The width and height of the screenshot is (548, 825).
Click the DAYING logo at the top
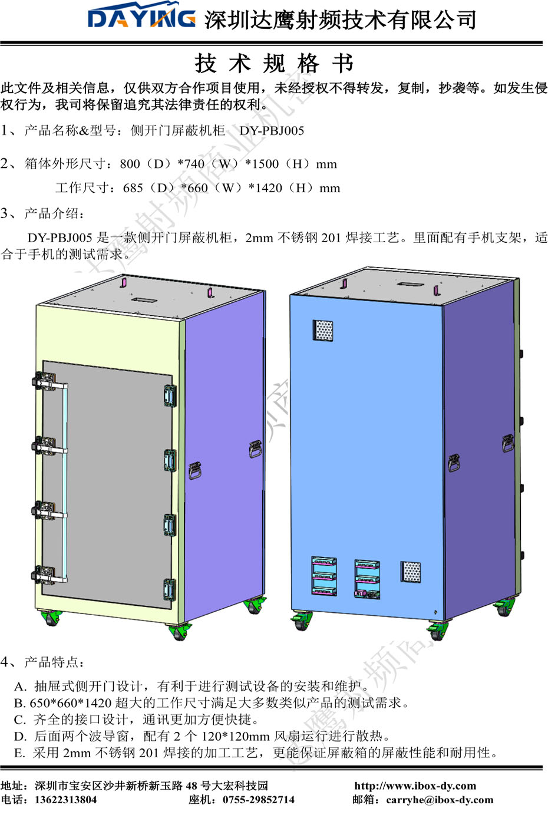click(x=141, y=19)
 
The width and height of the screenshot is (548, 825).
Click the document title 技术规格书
click(x=273, y=63)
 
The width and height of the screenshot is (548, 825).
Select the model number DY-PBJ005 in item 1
click(x=272, y=131)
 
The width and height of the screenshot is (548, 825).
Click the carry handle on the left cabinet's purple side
click(x=196, y=471)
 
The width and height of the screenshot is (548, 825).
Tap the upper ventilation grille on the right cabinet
click(x=322, y=331)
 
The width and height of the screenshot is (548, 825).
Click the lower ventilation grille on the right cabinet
click(x=411, y=572)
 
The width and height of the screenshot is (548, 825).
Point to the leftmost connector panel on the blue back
click(x=323, y=576)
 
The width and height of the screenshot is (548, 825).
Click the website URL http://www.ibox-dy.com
click(x=415, y=786)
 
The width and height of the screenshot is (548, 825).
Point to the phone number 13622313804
click(x=65, y=800)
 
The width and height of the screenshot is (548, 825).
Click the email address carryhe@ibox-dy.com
click(x=440, y=800)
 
